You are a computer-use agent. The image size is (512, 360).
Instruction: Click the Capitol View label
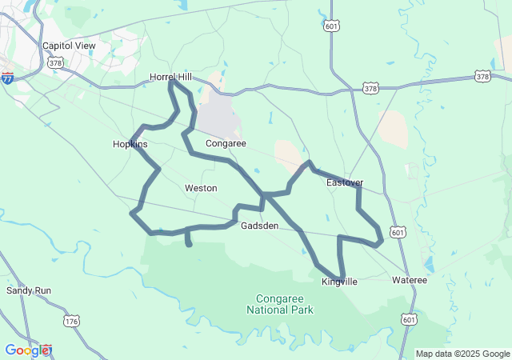69,46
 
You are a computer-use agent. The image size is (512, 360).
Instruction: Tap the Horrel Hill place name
171,77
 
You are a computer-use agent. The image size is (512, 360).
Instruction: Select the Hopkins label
130,145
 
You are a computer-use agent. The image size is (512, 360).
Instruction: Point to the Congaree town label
225,144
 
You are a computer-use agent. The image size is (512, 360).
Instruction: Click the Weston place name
201,188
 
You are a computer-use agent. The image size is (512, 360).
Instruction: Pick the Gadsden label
259,226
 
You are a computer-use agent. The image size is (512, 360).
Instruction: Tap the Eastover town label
346,183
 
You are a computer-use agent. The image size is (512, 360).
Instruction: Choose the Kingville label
339,282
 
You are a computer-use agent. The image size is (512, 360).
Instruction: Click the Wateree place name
410,281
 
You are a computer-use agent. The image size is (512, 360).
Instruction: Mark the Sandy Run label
29,290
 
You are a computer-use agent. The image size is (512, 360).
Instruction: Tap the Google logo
27,350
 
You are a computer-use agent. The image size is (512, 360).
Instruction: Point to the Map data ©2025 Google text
462,354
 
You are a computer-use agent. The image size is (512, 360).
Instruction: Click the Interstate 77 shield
7,78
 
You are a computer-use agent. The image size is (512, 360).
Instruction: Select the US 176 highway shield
71,321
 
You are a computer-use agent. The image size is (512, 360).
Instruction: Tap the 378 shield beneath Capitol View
55,62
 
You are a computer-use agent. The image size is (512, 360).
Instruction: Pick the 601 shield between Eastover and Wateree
398,232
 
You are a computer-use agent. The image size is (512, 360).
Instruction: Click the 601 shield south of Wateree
409,319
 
